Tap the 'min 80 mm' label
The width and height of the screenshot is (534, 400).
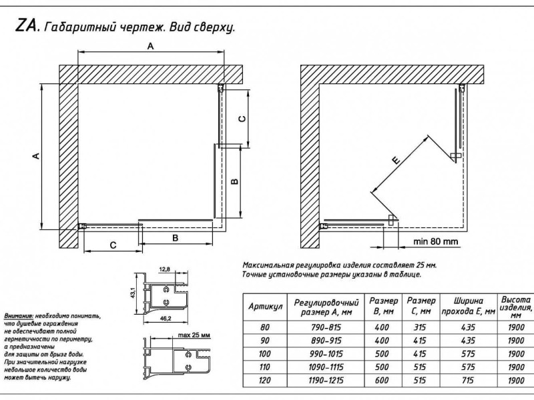[x=435, y=241]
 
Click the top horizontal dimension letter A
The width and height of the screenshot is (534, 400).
[x=150, y=47]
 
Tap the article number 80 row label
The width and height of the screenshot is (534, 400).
[x=266, y=327]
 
